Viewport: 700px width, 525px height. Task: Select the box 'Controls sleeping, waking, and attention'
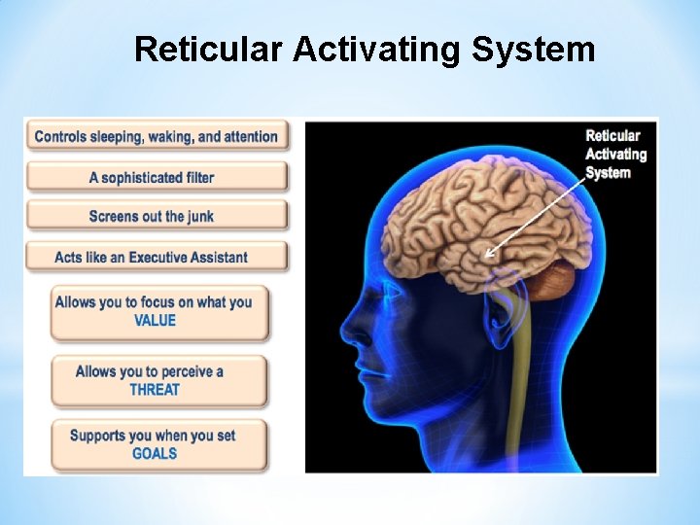(157, 137)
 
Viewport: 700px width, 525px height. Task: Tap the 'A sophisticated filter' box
(157, 177)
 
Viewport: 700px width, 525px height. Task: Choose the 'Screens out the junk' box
(157, 216)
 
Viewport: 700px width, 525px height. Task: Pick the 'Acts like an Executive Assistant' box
(157, 257)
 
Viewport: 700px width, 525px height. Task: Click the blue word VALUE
(155, 321)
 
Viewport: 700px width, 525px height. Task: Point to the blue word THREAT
(155, 390)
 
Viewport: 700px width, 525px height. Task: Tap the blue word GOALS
(155, 453)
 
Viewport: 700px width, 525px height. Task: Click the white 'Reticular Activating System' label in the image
(614, 155)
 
